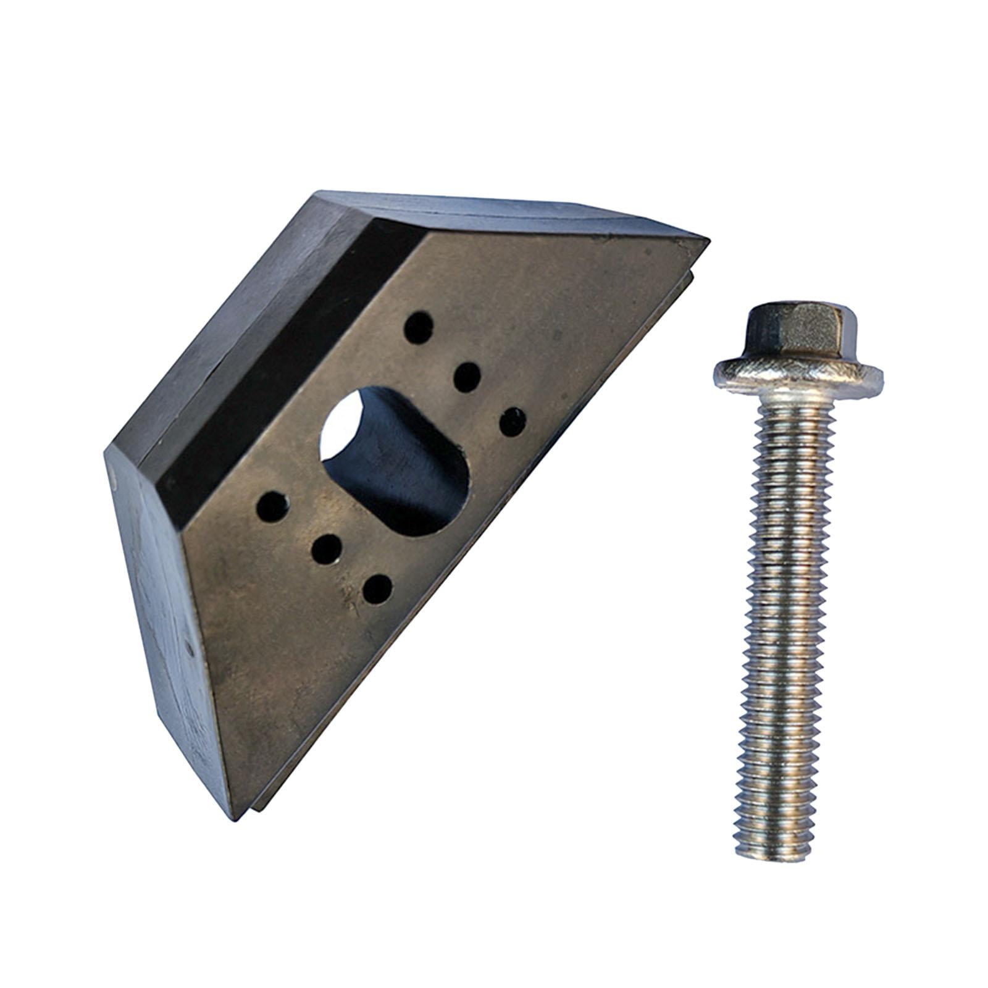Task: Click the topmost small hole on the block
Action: [x=419, y=327]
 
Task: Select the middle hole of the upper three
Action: [x=467, y=377]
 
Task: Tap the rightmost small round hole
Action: [x=513, y=421]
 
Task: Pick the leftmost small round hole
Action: [x=272, y=506]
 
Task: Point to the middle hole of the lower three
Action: [x=327, y=548]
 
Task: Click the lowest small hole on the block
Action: [x=377, y=589]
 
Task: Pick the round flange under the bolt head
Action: [x=797, y=375]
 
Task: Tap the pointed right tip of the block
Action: [x=706, y=237]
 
